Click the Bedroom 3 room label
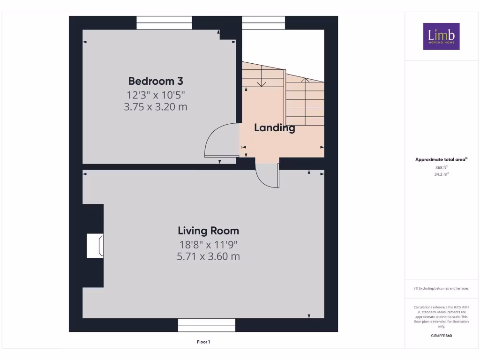[156, 81]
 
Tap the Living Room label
[208, 231]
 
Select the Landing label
[275, 128]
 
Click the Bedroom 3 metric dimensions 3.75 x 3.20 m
[156, 107]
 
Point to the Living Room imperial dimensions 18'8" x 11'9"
[208, 245]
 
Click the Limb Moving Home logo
[441, 36]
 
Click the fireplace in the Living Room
[95, 246]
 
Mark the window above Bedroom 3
[164, 23]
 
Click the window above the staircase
[263, 23]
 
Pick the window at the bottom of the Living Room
[207, 325]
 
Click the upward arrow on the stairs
[305, 101]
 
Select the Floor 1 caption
[203, 342]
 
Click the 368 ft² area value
[441, 167]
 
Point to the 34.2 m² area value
[441, 174]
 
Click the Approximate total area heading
[441, 159]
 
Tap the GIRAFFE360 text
[441, 336]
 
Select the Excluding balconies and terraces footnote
[441, 288]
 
